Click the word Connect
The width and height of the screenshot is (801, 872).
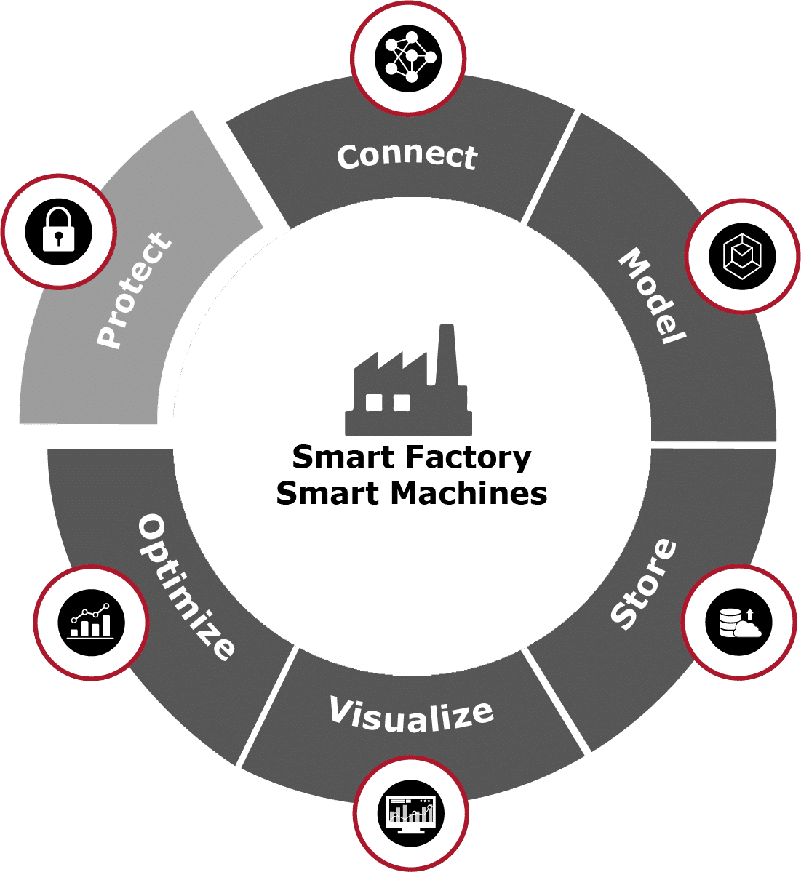coord(407,156)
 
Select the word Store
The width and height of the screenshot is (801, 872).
coord(643,583)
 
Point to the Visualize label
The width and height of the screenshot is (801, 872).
coord(412,715)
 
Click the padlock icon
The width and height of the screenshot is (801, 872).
coord(59,232)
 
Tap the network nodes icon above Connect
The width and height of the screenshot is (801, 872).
coord(409,58)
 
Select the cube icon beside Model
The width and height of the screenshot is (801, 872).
coord(741,256)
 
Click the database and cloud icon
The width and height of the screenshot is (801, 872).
coord(739,623)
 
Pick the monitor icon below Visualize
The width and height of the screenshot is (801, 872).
coord(411,812)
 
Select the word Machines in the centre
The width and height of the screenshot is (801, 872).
coord(469,494)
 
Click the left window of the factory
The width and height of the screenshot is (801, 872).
coord(374,402)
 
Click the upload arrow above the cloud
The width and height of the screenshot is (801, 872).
coord(749,614)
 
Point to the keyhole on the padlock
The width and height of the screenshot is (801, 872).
coord(59,237)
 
